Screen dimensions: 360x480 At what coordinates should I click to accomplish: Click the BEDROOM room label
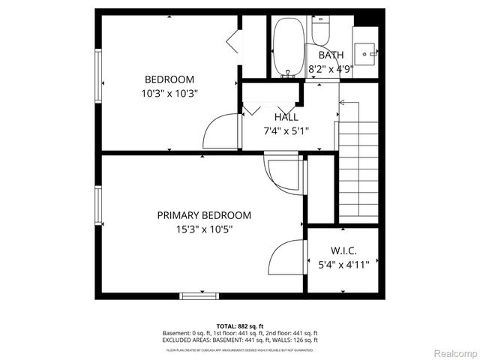click(x=169, y=79)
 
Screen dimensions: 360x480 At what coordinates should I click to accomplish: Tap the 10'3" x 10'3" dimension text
click(x=169, y=94)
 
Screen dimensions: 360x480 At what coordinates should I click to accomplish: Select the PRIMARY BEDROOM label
click(x=204, y=215)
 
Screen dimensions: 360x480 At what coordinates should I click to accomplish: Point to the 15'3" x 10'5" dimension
click(x=204, y=229)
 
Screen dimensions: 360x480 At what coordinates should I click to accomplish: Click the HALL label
click(x=286, y=117)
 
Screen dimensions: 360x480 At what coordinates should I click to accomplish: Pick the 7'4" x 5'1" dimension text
click(x=286, y=130)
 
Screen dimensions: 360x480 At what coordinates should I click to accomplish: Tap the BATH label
click(x=331, y=55)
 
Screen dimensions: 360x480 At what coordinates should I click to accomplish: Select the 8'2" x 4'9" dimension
click(x=331, y=69)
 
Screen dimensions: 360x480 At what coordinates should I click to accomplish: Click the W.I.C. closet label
click(x=344, y=250)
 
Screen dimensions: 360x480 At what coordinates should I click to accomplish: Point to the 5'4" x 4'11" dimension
click(x=343, y=264)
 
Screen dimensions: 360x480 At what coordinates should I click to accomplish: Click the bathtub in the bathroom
click(x=287, y=46)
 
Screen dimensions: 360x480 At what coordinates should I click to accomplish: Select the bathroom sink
click(x=366, y=53)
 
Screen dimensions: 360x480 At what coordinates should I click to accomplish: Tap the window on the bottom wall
click(x=200, y=295)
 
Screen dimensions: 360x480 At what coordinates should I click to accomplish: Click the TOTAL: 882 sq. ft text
click(x=240, y=326)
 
